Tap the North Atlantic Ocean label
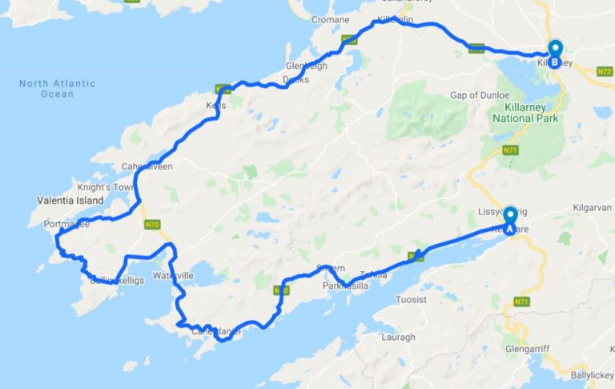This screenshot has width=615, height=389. click(x=57, y=88)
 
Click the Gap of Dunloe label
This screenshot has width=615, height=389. click(x=480, y=95)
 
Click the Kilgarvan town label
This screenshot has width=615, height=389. click(x=591, y=208)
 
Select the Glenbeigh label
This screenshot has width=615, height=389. click(x=306, y=67)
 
